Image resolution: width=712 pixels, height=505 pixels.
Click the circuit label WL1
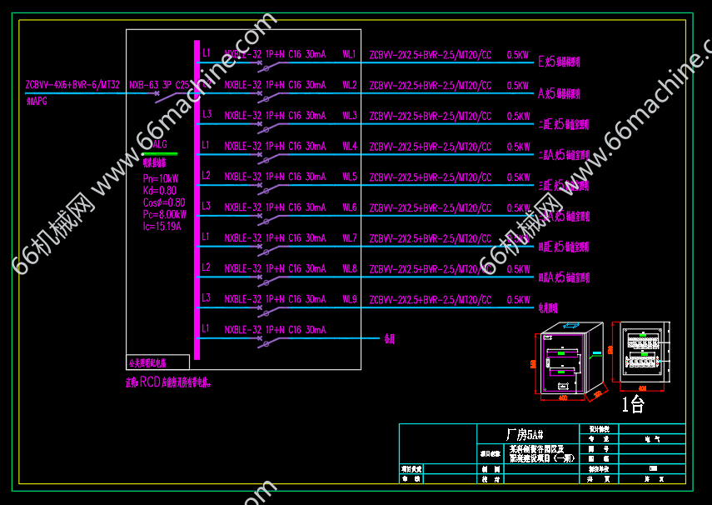click(350, 54)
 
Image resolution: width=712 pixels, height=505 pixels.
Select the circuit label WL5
click(350, 177)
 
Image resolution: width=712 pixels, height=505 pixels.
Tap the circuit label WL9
click(350, 299)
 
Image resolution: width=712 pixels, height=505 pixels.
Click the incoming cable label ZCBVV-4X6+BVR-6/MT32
click(73, 85)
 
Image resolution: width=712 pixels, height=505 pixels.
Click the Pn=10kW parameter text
click(161, 178)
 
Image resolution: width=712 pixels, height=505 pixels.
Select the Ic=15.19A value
click(162, 225)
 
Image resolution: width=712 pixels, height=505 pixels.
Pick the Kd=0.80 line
click(160, 190)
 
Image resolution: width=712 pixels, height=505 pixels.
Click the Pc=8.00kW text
click(164, 213)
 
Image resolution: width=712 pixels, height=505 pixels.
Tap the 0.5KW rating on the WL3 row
click(518, 116)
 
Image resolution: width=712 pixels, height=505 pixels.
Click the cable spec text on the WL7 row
click(431, 238)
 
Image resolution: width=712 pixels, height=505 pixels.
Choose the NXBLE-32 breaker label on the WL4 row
click(243, 146)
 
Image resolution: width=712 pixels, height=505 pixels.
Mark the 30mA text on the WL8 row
click(316, 268)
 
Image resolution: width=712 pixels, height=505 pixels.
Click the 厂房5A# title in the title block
click(525, 434)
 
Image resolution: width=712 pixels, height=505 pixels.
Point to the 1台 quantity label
click(634, 406)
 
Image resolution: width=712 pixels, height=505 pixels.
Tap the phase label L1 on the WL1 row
click(207, 53)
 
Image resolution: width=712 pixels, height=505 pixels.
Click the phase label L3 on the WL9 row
click(207, 298)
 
